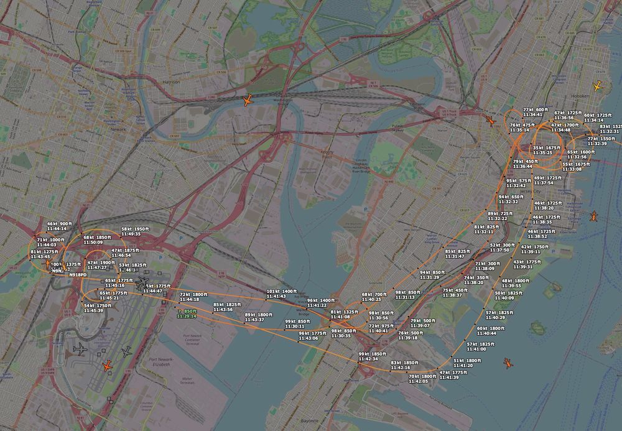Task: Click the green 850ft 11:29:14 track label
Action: (x=187, y=313)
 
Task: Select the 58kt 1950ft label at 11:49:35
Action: (x=135, y=231)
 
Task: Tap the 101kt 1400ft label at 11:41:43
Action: (x=281, y=294)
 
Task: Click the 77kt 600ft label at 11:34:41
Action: (x=536, y=112)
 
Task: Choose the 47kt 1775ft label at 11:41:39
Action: (x=453, y=375)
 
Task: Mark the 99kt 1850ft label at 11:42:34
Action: (x=373, y=356)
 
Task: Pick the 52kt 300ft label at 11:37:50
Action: (x=502, y=248)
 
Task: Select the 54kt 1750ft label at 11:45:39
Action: (x=98, y=308)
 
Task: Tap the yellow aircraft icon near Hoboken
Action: (x=598, y=86)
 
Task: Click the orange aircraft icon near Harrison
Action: (x=248, y=100)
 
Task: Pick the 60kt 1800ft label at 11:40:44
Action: (x=490, y=331)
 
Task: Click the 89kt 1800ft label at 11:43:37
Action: (x=259, y=317)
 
